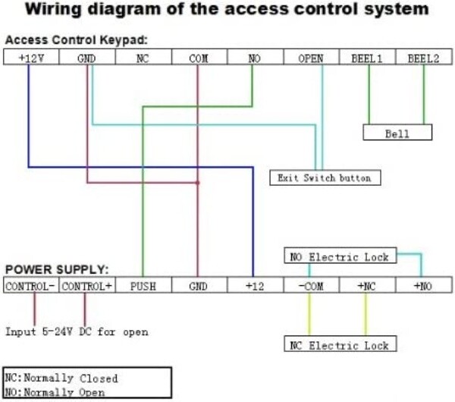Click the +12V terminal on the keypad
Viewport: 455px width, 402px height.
pos(31,57)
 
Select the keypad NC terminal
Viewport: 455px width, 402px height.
pos(143,57)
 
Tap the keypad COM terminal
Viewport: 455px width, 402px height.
pos(199,57)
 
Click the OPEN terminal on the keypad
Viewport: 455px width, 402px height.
pos(311,57)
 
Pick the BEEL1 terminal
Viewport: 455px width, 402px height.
pos(367,57)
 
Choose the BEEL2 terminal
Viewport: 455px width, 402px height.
pos(424,57)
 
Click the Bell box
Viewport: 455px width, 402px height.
pos(397,132)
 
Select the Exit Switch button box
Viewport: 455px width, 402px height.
pos(325,177)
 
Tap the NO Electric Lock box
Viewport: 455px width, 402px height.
pos(340,256)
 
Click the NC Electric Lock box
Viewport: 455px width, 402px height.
pos(340,344)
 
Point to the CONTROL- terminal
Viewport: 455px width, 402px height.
pos(31,285)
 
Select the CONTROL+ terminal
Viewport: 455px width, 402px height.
pos(87,285)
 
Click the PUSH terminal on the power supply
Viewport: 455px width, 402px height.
pos(143,285)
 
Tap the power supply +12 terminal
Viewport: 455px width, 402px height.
pos(256,285)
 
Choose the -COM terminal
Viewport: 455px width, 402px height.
pos(311,285)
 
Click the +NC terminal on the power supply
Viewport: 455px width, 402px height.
pos(367,285)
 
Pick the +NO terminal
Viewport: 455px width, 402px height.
pos(424,285)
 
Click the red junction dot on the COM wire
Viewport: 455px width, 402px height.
pos(198,183)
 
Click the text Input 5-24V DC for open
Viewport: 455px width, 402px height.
pos(77,331)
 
